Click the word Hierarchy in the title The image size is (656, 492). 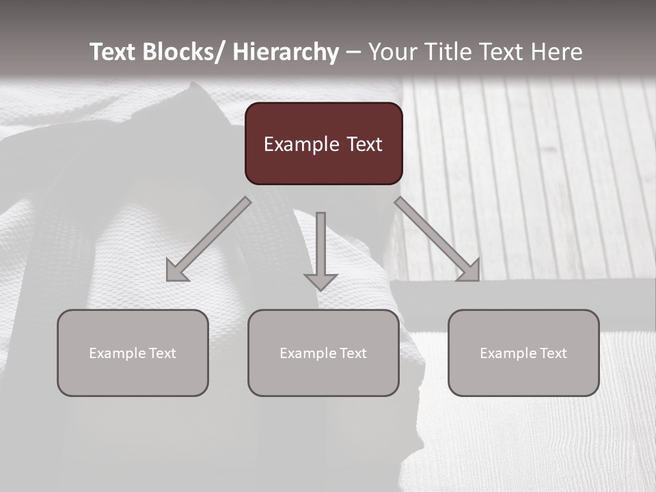286,52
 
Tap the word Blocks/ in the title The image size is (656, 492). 183,52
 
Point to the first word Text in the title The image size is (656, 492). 113,52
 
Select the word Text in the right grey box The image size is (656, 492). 552,353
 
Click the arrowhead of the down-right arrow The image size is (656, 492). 469,271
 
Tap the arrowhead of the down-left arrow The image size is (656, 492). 177,271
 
